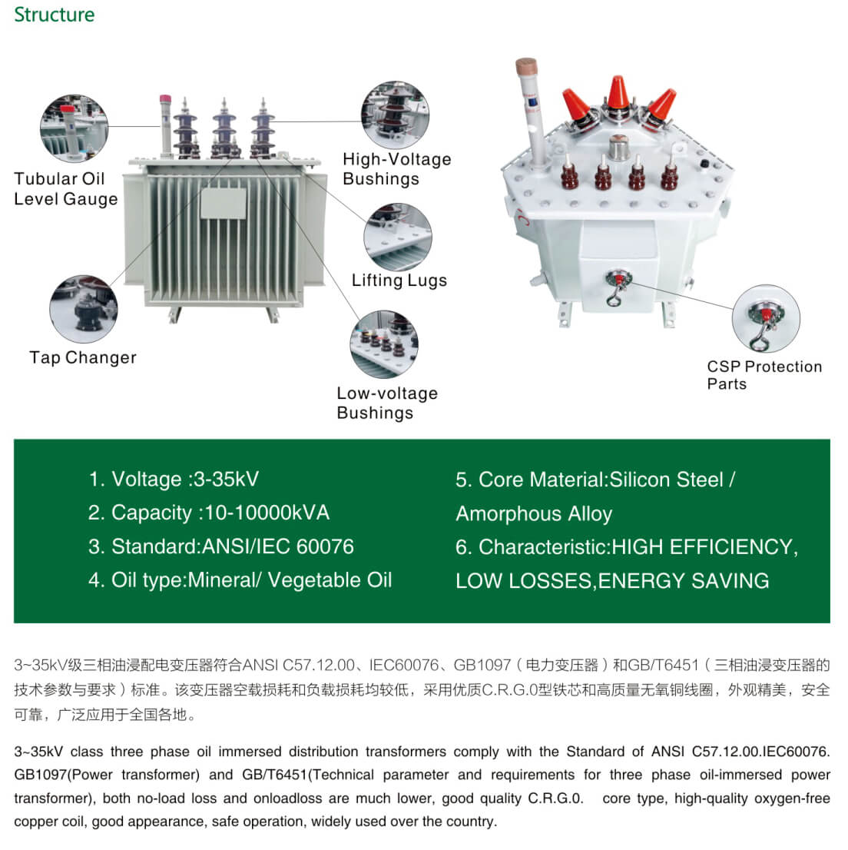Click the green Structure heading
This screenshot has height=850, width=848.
55,15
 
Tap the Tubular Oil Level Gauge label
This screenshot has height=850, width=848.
65,188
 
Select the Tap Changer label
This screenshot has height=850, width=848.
83,358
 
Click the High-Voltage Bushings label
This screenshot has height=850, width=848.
396,168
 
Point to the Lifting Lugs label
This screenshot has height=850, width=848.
399,281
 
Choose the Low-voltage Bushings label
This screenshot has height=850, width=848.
387,403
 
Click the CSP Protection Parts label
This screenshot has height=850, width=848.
764,375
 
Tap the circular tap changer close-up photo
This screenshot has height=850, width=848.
84,309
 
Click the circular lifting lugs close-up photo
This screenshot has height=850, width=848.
398,237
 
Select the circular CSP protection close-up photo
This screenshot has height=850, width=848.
766,319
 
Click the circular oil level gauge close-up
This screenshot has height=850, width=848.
75,128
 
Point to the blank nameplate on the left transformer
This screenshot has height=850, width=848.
224,204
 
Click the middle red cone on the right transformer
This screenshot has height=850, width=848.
618,93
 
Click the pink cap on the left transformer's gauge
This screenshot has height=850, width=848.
165,99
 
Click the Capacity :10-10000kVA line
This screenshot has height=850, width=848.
209,513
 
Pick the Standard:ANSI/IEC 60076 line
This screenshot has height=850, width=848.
220,546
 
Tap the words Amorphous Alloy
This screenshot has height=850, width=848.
535,514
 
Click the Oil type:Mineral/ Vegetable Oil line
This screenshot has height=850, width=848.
240,580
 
